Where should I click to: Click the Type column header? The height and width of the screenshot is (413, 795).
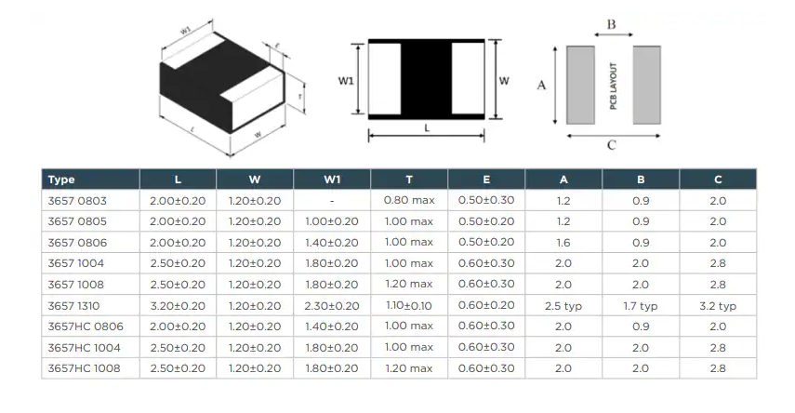tap(61, 180)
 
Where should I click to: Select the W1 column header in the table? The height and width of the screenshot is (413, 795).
tap(332, 180)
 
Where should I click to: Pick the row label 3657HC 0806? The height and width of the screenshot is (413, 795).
tap(86, 326)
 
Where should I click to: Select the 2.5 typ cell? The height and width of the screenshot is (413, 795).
tap(563, 306)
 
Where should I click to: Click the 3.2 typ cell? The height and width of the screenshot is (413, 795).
tap(718, 306)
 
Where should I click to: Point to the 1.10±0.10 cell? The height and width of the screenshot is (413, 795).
tap(409, 306)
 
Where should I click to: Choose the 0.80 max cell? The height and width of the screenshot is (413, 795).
tap(409, 200)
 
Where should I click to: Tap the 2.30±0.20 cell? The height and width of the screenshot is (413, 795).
tap(332, 306)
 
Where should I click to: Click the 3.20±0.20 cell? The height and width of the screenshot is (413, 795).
tap(178, 306)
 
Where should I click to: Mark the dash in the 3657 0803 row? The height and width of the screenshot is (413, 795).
tap(332, 200)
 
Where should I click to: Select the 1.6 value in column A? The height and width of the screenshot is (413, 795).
tap(563, 243)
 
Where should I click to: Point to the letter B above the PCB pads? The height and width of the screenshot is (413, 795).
tap(612, 25)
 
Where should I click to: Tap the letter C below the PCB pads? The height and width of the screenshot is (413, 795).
tap(611, 145)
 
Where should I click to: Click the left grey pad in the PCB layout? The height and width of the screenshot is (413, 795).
tap(580, 85)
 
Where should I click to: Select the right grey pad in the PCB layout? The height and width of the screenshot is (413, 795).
tap(647, 85)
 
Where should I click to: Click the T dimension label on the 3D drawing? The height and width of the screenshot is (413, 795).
tap(300, 96)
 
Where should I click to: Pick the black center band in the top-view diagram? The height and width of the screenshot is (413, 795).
tap(426, 79)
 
